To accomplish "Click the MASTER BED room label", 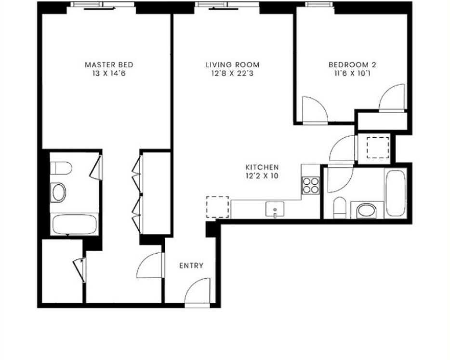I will [109, 64].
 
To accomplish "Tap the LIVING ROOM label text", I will [232, 64].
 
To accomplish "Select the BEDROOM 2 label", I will [352, 64].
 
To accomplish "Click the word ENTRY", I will [191, 266].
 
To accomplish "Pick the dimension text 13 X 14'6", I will [109, 74].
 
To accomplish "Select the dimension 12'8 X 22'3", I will [232, 74].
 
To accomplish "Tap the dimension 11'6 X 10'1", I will [352, 74].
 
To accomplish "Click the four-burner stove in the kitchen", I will [311, 185].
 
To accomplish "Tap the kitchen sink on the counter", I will [275, 209].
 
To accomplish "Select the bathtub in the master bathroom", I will [75, 224].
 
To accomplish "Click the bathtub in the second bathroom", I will [397, 193].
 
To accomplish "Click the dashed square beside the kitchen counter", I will [217, 207].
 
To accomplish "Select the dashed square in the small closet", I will [378, 147].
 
